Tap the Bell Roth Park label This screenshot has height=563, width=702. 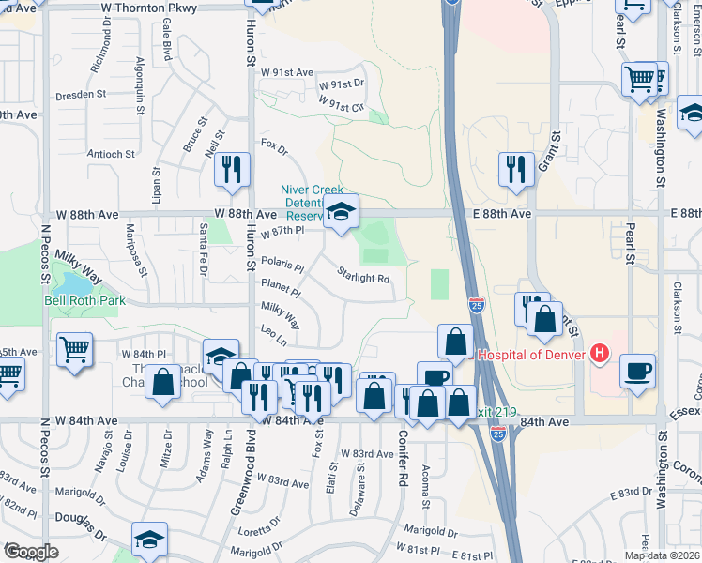[x=84, y=302]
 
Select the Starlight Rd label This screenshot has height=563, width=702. [x=364, y=278]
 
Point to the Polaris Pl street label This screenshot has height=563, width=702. [x=282, y=266]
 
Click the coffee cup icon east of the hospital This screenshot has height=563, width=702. [x=637, y=371]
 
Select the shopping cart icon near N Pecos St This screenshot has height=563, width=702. [x=74, y=350]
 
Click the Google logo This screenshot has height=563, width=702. [x=31, y=551]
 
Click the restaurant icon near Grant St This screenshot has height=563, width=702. [x=515, y=168]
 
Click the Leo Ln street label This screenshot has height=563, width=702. [x=273, y=333]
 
